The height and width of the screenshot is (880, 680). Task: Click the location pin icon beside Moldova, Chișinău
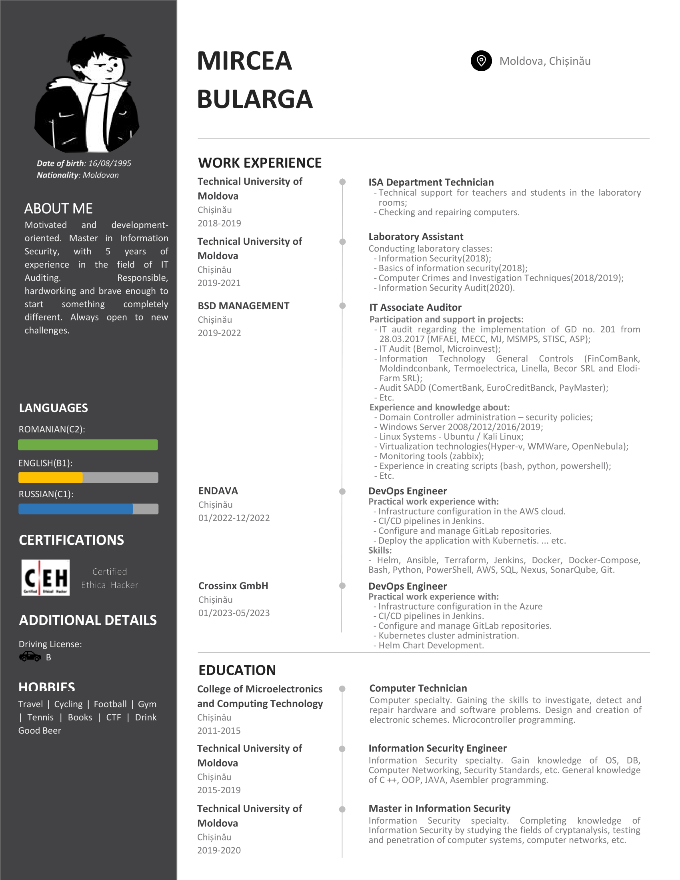(x=481, y=61)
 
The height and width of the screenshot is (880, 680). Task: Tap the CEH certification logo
(x=45, y=577)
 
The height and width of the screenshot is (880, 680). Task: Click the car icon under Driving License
(x=30, y=657)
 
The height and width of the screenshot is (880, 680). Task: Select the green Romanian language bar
(x=88, y=445)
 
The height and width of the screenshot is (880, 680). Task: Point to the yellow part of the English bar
(x=50, y=478)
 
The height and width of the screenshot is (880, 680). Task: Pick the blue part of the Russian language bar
(x=75, y=509)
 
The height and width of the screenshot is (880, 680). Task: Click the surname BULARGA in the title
(x=254, y=99)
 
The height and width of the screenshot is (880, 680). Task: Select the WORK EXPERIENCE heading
(x=260, y=163)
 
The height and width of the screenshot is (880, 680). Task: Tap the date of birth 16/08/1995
(x=110, y=163)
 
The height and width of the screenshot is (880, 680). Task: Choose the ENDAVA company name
(x=218, y=491)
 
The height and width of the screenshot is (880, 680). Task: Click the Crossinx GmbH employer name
(x=233, y=586)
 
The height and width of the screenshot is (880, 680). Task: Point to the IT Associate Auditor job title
(x=415, y=308)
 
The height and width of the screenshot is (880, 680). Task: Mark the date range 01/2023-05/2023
(x=234, y=613)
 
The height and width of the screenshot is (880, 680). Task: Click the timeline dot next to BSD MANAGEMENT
(x=342, y=306)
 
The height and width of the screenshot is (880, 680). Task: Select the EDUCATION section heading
(x=237, y=670)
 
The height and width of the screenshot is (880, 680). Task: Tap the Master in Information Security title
(x=439, y=808)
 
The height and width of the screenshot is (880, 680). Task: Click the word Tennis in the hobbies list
(x=40, y=717)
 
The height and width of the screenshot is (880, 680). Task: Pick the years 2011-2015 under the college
(x=219, y=730)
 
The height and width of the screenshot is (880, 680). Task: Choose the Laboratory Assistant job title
(x=416, y=236)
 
